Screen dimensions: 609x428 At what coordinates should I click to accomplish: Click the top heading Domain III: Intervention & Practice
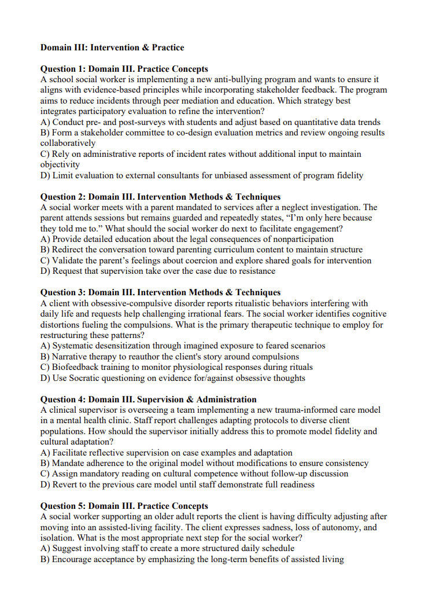click(x=112, y=47)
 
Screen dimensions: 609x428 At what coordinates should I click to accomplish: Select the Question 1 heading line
click(x=124, y=69)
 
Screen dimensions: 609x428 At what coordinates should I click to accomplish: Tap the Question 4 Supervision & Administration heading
click(x=148, y=399)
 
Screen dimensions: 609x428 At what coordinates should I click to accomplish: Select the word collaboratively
click(x=68, y=143)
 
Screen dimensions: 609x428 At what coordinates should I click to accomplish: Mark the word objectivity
click(x=60, y=164)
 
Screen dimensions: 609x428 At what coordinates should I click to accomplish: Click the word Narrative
click(x=71, y=357)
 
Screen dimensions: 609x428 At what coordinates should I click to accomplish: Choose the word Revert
click(x=67, y=485)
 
